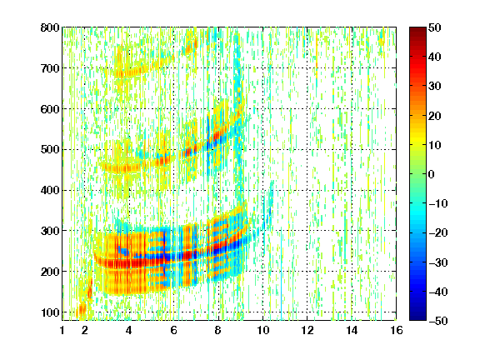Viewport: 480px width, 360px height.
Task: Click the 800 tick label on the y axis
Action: tap(50, 27)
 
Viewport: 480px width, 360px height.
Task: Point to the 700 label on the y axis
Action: tap(50, 68)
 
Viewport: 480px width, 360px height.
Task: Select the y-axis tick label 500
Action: tap(50, 150)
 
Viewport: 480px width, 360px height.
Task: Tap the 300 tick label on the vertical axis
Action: tap(50, 231)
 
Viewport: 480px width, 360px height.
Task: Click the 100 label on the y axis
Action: tap(50, 312)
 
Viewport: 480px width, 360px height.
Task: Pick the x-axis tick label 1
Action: tap(62, 330)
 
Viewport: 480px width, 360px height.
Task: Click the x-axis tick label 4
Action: tap(129, 330)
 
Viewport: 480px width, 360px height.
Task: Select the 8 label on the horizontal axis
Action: tap(217, 330)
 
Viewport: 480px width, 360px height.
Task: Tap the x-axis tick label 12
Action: tap(307, 330)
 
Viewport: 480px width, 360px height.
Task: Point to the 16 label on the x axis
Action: tap(397, 330)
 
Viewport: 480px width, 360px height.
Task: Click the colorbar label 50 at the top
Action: tap(434, 27)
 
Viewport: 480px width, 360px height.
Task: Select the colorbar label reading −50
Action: tap(437, 321)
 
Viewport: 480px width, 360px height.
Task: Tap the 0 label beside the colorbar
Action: tap(432, 174)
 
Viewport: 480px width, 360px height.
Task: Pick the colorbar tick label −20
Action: tap(437, 232)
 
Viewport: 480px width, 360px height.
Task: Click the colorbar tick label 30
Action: tap(434, 87)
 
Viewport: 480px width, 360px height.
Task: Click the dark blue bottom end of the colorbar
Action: tap(417, 317)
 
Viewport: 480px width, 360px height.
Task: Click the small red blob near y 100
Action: tap(82, 308)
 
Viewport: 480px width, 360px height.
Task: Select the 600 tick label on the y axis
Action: tap(50, 109)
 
